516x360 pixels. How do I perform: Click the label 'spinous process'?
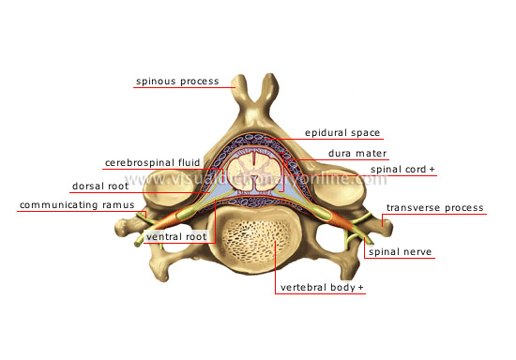[177, 82]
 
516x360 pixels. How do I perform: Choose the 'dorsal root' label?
[99, 186]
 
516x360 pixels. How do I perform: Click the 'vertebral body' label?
[316, 287]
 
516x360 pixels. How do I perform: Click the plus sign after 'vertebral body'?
[360, 287]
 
